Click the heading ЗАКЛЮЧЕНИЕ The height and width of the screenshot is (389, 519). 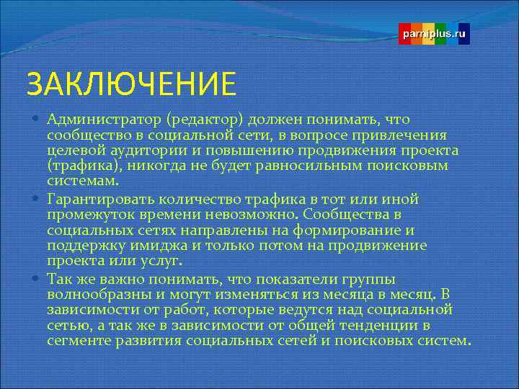pos(131,83)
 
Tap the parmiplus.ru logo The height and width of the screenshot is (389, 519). pos(435,34)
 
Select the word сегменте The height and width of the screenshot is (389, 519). pos(77,341)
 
